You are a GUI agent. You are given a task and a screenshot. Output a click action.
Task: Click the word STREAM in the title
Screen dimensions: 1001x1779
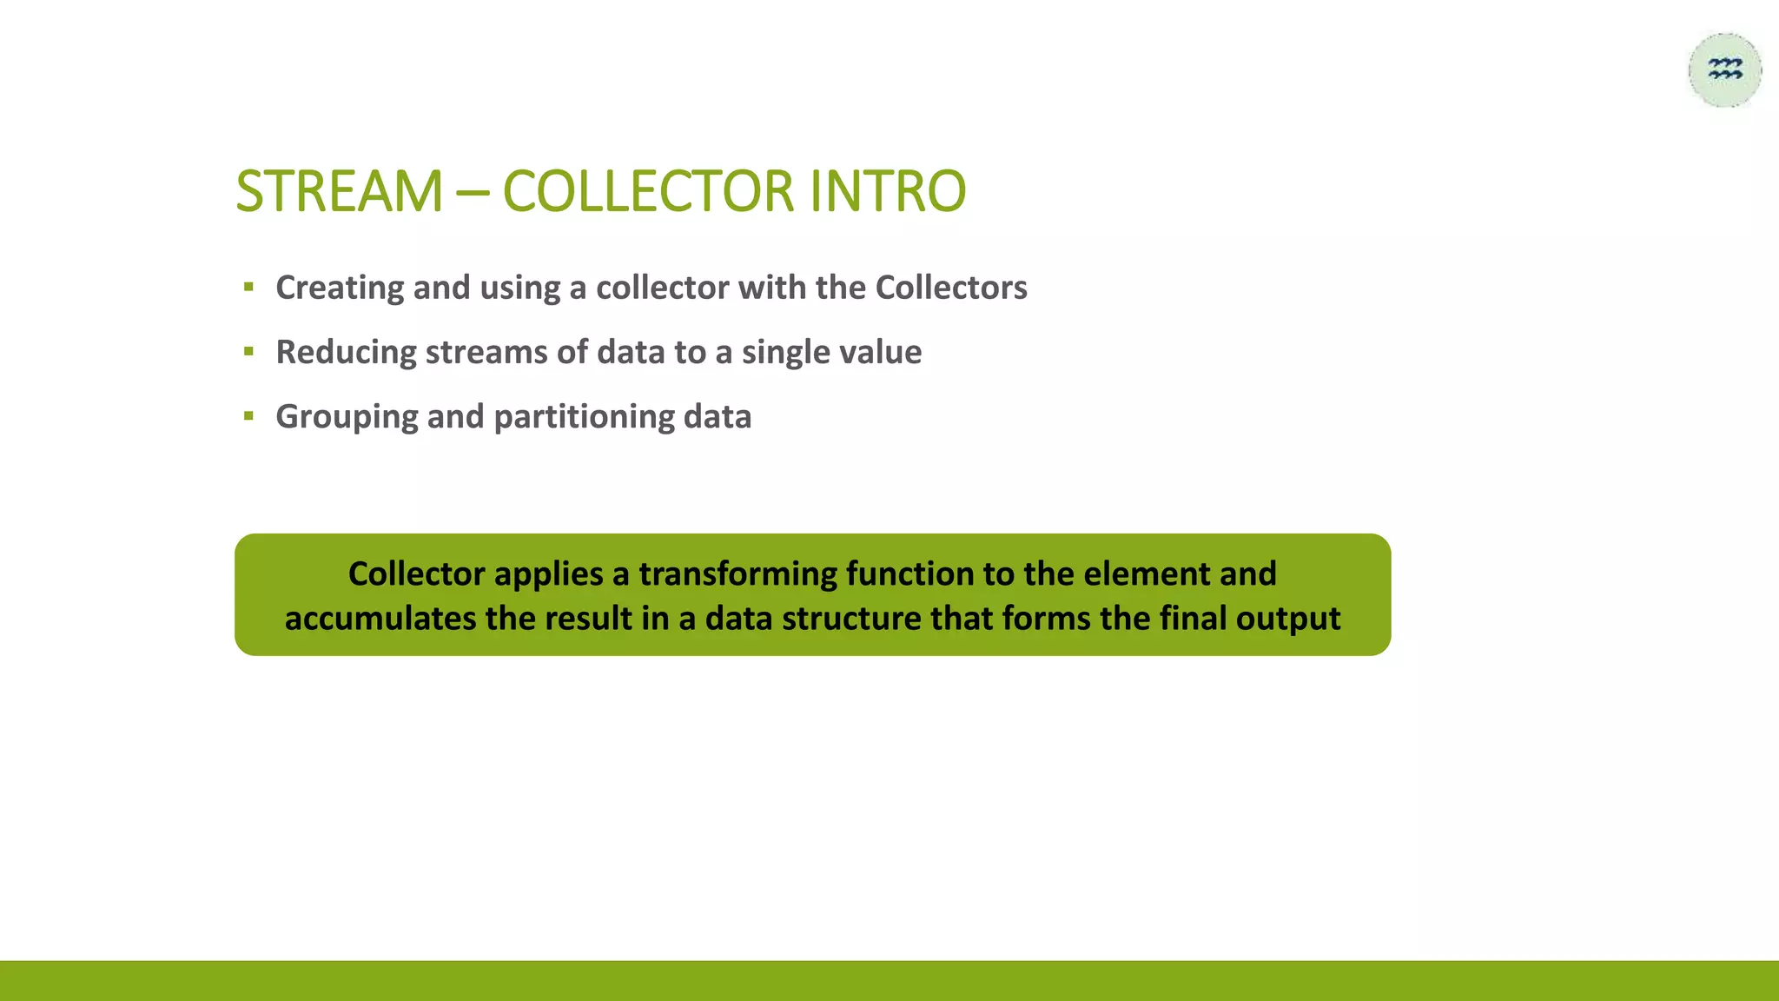[x=339, y=191]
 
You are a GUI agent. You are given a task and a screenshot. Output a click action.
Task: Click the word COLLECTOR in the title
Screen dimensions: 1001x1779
[x=648, y=191]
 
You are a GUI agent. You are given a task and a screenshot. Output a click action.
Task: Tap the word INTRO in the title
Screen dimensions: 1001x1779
[x=888, y=191]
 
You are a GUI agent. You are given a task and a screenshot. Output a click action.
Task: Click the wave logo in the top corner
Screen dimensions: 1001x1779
[x=1725, y=70]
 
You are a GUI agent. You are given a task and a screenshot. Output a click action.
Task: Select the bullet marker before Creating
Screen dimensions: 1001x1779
[x=249, y=288]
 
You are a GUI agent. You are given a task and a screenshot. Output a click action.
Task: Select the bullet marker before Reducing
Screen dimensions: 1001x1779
[x=249, y=352]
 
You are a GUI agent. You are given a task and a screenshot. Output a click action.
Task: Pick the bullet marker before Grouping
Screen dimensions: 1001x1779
[x=249, y=416]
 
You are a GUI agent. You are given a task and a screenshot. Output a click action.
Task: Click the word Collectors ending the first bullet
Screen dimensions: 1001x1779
[x=951, y=288]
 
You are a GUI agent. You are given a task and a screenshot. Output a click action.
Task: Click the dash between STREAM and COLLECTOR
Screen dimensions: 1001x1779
[x=473, y=193]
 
